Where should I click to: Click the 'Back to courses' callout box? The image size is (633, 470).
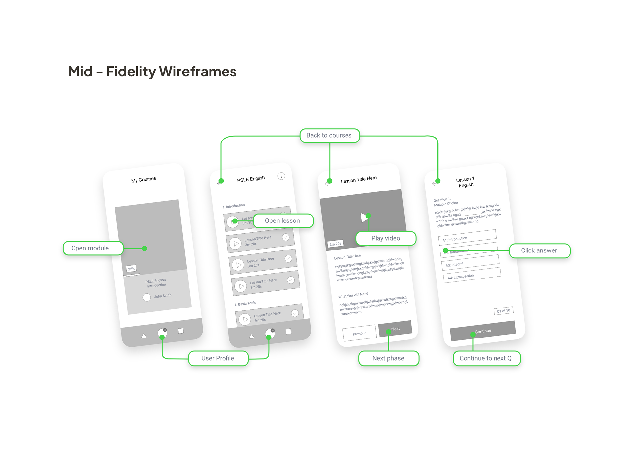pyautogui.click(x=329, y=135)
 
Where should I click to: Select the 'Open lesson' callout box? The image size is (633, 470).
pyautogui.click(x=283, y=221)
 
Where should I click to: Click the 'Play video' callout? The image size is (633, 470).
pyautogui.click(x=385, y=238)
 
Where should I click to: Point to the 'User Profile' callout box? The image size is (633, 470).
pyautogui.click(x=218, y=358)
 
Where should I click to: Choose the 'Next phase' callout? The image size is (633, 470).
pyautogui.click(x=388, y=358)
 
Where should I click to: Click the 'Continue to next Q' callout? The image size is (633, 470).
pyautogui.click(x=486, y=358)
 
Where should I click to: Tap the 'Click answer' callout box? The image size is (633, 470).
pyautogui.click(x=539, y=250)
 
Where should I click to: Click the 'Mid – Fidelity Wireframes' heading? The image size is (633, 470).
pyautogui.click(x=152, y=72)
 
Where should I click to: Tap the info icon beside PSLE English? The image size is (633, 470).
pyautogui.click(x=281, y=176)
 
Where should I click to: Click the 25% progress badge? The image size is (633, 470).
pyautogui.click(x=131, y=269)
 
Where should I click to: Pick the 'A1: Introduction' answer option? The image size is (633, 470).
pyautogui.click(x=467, y=237)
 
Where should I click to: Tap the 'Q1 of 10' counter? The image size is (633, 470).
pyautogui.click(x=503, y=311)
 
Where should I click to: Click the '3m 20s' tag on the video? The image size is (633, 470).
pyautogui.click(x=335, y=244)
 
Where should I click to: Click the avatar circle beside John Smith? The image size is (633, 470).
pyautogui.click(x=147, y=297)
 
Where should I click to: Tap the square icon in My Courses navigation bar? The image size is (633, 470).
pyautogui.click(x=181, y=331)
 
